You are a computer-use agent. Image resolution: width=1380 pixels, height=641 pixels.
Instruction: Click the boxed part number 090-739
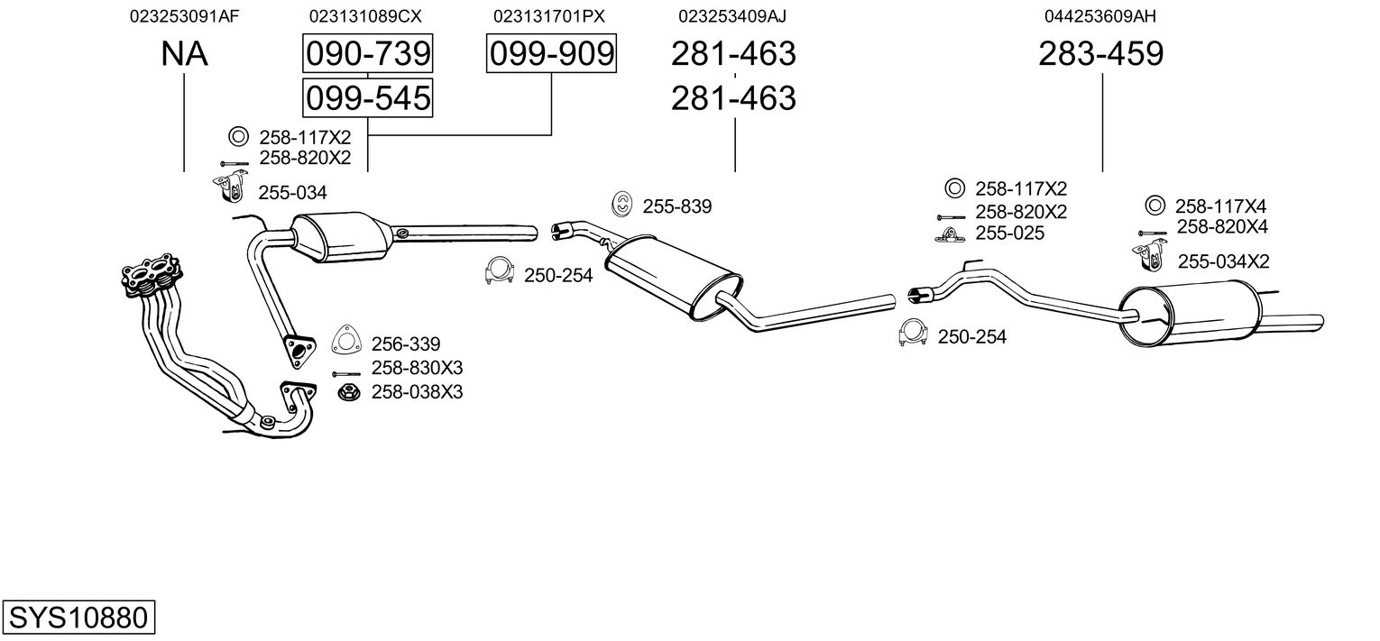pos(368,53)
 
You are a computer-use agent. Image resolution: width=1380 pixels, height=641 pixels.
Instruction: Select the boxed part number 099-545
pos(368,98)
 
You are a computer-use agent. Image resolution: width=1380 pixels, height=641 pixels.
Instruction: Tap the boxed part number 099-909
pos(551,53)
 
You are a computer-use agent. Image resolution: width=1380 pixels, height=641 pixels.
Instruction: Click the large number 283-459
pos(1101,53)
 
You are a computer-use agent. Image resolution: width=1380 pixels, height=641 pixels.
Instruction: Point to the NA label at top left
pos(184,53)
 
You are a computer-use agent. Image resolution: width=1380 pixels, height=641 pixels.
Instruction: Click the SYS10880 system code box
pos(78,617)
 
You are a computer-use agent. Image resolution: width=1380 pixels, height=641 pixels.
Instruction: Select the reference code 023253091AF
pos(184,16)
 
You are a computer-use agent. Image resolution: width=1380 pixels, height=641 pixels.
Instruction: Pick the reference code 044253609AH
pos(1100,16)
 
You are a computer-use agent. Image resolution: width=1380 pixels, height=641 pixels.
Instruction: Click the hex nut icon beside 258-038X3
pos(348,391)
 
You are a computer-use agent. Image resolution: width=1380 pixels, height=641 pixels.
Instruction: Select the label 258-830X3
pos(417,368)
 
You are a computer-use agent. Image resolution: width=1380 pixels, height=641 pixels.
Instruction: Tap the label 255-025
pos(1009,234)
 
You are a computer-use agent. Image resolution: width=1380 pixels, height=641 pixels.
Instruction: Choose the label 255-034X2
pos(1224,261)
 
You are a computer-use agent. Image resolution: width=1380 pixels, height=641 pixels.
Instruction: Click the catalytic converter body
pos(342,238)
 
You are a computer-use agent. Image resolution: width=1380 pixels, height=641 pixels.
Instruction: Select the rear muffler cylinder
pos(1189,314)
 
